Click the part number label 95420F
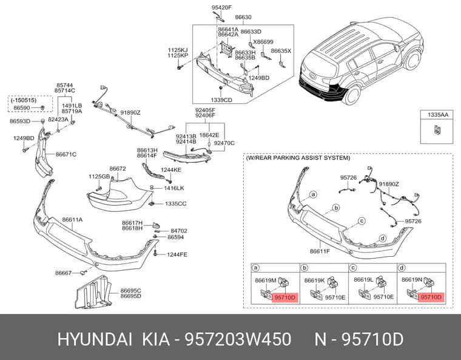tap(221, 8)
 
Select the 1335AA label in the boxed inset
tap(438, 115)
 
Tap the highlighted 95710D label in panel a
tap(284, 297)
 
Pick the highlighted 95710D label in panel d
tap(431, 297)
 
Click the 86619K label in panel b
tap(315, 280)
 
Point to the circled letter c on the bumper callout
tap(362, 221)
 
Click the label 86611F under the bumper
tap(320, 251)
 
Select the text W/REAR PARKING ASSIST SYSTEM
tap(298, 158)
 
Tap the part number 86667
tap(63, 273)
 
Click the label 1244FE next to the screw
tap(177, 254)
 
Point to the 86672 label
tap(118, 169)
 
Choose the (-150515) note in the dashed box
tap(24, 100)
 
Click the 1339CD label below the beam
tap(221, 100)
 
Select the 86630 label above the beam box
tap(243, 18)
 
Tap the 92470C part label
tap(224, 143)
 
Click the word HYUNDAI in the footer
tap(95, 339)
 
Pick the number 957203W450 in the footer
tap(238, 339)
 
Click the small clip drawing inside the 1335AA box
tap(437, 130)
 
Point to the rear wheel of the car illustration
tap(351, 95)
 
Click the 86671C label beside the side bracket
tap(66, 154)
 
